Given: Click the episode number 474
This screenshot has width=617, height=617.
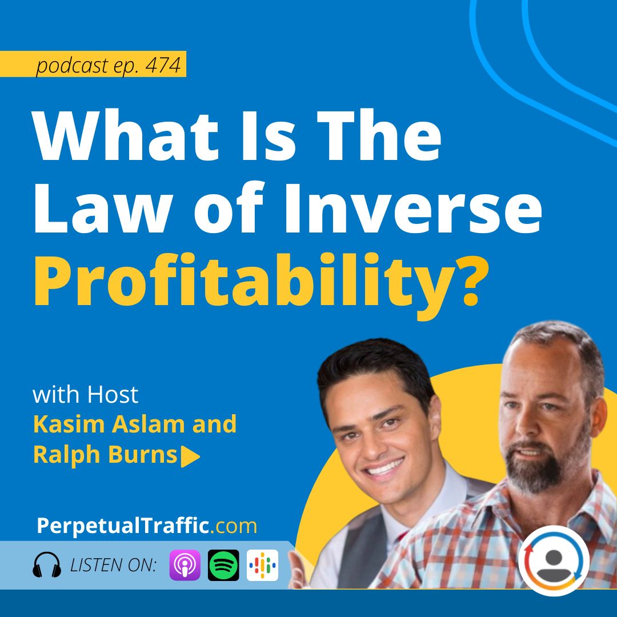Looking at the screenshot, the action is click(x=163, y=65).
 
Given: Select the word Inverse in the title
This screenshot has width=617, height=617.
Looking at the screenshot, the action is click(x=413, y=209).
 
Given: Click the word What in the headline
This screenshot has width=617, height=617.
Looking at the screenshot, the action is click(x=126, y=135).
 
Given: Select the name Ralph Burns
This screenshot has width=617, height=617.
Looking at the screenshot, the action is click(x=105, y=455).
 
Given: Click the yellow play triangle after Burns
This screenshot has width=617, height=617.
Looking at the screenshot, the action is click(x=190, y=456).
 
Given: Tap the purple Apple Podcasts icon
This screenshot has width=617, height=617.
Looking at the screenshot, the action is click(x=185, y=565).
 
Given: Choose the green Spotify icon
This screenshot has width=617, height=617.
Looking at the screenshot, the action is click(x=223, y=565).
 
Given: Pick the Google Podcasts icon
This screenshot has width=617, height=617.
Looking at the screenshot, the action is click(x=262, y=565).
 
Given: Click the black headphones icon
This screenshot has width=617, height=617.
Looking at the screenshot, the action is click(x=47, y=565).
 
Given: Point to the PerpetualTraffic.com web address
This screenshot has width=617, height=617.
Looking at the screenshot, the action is click(x=147, y=526).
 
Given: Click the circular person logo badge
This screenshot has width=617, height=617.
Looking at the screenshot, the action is click(x=554, y=560).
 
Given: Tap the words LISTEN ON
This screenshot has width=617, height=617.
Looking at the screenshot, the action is click(x=113, y=566).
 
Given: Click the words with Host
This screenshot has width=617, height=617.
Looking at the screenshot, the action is click(x=85, y=394).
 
